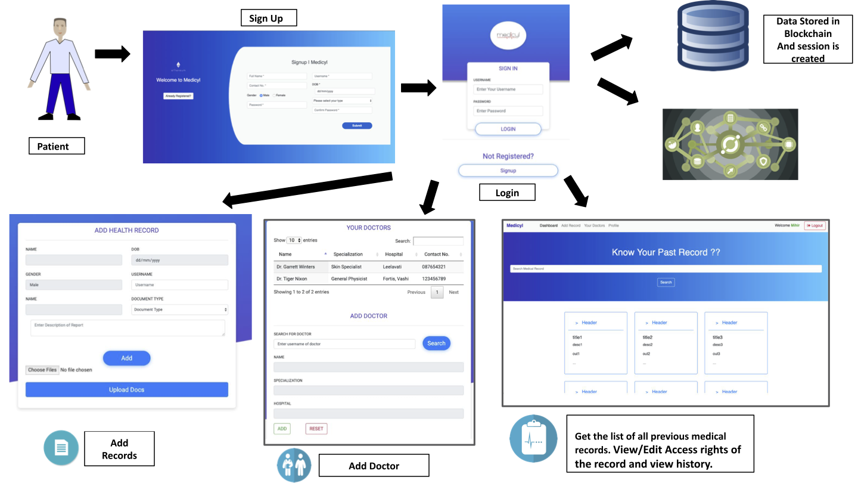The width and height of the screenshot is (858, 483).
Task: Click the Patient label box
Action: point(57,146)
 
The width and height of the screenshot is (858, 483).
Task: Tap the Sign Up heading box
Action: point(268,18)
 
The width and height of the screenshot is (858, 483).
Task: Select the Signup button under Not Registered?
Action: point(508,171)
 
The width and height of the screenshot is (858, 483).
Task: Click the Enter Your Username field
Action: point(508,89)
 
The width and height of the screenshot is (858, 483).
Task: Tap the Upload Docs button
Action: point(126,389)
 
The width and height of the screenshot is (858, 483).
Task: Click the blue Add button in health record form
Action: point(126,358)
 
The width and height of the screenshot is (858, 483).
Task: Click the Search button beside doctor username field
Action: point(436,343)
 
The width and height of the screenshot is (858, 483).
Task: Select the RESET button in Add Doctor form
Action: point(316,428)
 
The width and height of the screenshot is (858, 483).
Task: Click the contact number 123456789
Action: point(433,278)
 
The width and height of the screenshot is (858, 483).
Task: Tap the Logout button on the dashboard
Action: point(815,225)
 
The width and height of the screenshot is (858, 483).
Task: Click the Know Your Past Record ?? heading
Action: point(666,252)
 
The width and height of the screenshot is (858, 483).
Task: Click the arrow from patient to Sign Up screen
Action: point(112,54)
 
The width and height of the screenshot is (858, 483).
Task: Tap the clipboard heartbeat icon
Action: point(533,438)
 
